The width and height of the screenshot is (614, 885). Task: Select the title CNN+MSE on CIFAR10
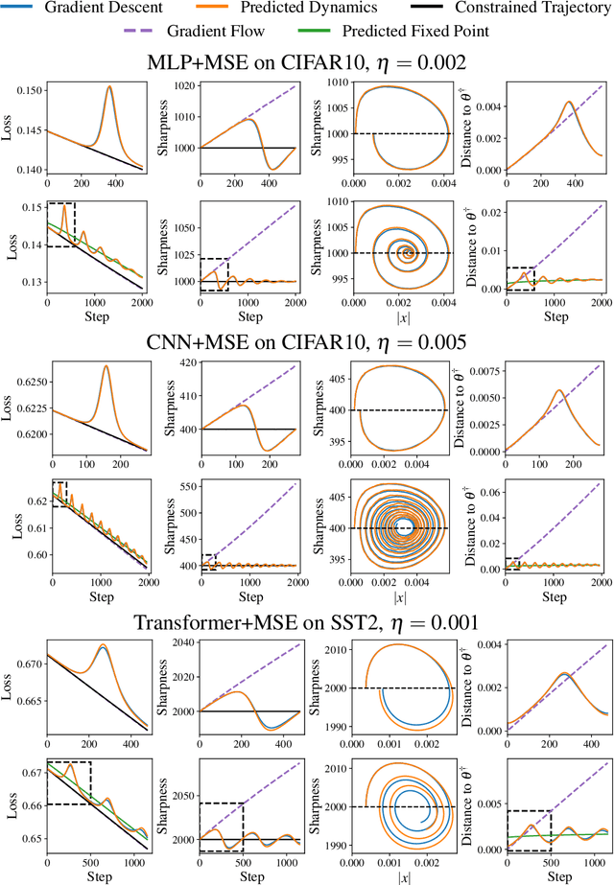(x=307, y=342)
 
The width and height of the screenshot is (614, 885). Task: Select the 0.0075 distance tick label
(x=485, y=368)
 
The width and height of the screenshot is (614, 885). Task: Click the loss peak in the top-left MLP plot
(x=109, y=87)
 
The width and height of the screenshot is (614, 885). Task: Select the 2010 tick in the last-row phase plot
(x=336, y=768)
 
